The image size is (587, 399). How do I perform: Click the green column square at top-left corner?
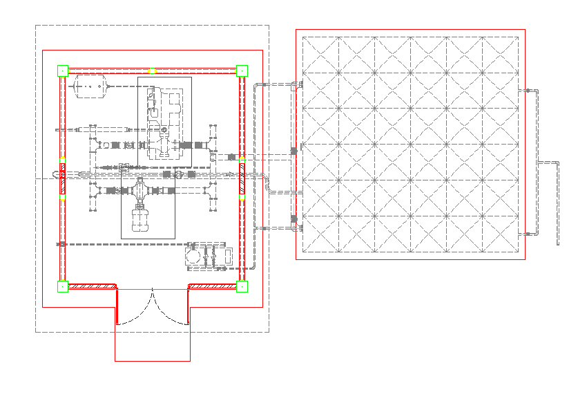63,71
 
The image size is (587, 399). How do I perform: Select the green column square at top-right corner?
242,71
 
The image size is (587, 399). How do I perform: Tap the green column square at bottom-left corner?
63,286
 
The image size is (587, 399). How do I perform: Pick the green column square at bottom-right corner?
242,286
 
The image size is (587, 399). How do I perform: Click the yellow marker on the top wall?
153,71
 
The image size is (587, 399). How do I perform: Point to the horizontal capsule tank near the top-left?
90,86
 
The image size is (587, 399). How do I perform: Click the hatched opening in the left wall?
62,178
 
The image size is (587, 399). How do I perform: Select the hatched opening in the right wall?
242,178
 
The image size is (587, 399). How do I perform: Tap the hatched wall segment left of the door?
93,286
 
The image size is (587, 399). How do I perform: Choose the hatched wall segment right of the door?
213,286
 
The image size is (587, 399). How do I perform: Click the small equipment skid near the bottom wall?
206,255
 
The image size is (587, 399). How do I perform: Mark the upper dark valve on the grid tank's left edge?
294,150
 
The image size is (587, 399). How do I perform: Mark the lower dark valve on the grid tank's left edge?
294,219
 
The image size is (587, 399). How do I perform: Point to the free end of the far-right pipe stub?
558,243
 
